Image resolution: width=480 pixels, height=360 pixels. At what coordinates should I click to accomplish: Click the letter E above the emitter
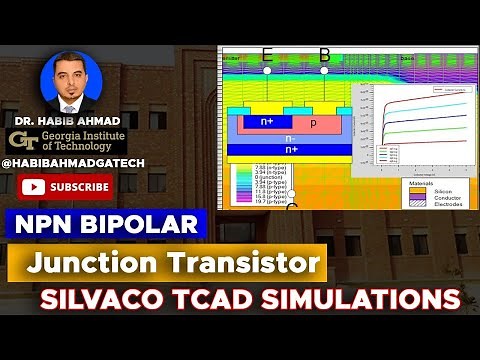(267, 55)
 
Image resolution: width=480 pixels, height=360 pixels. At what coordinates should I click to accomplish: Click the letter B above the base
(324, 55)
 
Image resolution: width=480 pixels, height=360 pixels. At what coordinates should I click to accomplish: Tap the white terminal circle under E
(267, 72)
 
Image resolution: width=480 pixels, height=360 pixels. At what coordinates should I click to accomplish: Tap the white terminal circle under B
(324, 72)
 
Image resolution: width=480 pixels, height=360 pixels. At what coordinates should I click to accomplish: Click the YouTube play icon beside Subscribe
(33, 186)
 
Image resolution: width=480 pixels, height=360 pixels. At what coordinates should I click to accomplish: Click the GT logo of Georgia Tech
(21, 140)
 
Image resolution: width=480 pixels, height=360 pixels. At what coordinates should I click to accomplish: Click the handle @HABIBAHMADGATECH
(62, 160)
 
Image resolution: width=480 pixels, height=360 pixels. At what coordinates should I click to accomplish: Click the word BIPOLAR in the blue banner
(151, 222)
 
